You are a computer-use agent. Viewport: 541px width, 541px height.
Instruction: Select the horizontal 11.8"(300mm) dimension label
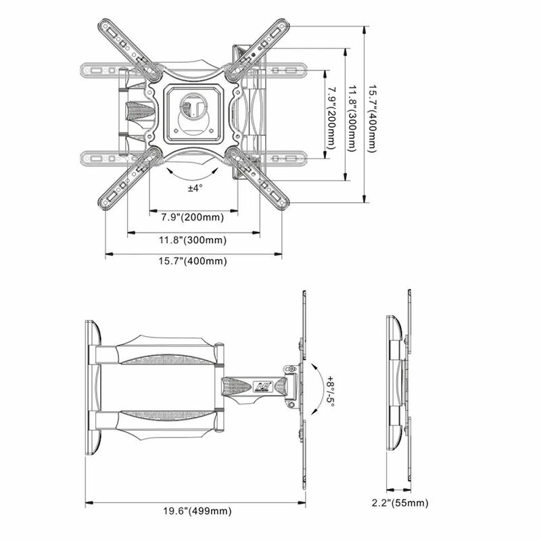coord(193,239)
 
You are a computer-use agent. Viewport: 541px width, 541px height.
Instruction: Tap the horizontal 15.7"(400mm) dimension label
coord(193,261)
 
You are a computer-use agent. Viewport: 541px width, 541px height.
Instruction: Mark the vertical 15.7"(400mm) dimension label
coord(371,115)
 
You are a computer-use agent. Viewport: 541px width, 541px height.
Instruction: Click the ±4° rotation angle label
coord(195,188)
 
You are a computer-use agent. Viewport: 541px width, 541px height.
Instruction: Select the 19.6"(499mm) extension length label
coord(195,511)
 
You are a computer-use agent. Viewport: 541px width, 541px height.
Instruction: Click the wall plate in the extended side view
coord(93,387)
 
